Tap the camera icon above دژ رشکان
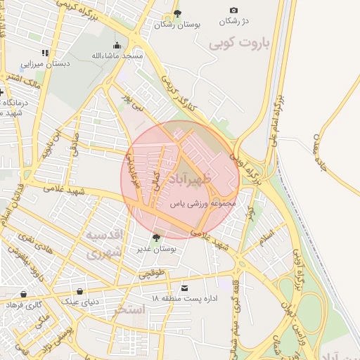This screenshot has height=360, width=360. tap(233, 11)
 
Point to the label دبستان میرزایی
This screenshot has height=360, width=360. tap(46, 63)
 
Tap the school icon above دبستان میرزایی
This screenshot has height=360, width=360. tap(45, 53)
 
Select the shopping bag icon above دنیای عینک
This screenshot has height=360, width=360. tap(79, 291)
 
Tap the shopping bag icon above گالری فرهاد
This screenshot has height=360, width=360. tap(24, 295)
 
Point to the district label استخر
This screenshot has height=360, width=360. tap(129, 309)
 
